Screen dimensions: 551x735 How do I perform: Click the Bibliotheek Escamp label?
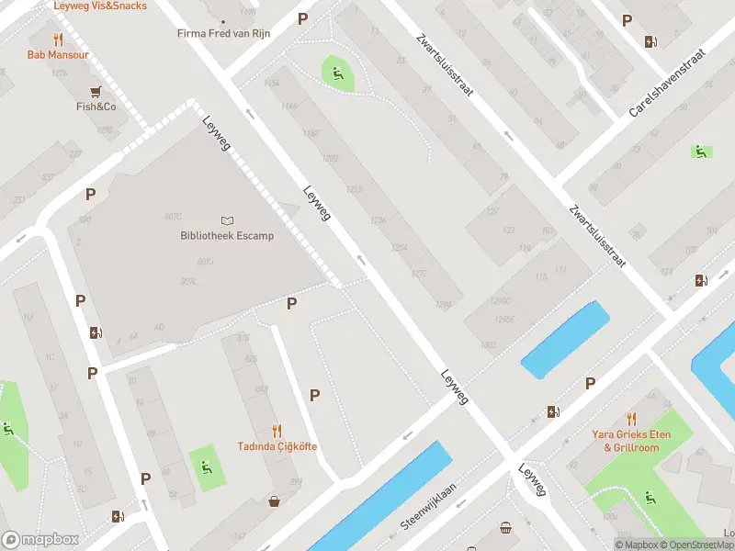(227, 236)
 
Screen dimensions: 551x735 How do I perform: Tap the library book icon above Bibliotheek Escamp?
(227, 220)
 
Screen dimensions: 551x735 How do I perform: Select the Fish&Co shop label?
(96, 107)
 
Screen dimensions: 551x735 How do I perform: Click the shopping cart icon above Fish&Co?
(96, 91)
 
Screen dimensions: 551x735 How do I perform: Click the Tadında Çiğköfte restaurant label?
(277, 446)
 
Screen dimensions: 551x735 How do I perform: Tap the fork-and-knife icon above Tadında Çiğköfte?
(277, 430)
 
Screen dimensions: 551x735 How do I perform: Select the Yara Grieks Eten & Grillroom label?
(630, 441)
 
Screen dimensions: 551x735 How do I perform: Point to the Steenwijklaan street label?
(428, 508)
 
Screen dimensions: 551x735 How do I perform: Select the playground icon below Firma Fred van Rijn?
(337, 73)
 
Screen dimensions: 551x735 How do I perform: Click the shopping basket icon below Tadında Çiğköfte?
(274, 501)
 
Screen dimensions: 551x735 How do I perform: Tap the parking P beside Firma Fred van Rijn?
(303, 18)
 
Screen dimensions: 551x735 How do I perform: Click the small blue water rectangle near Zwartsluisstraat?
(565, 340)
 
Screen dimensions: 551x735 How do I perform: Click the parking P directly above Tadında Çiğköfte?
(315, 395)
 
